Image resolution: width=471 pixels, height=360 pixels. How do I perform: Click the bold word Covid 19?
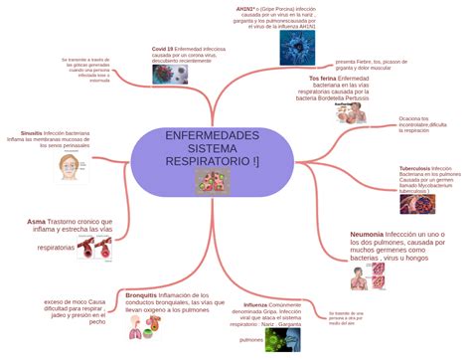(163, 48)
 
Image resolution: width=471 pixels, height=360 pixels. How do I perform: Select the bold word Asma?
(36, 221)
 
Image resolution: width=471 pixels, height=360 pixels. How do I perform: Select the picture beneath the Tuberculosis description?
(417, 204)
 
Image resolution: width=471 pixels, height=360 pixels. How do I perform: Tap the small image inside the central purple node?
(212, 181)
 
